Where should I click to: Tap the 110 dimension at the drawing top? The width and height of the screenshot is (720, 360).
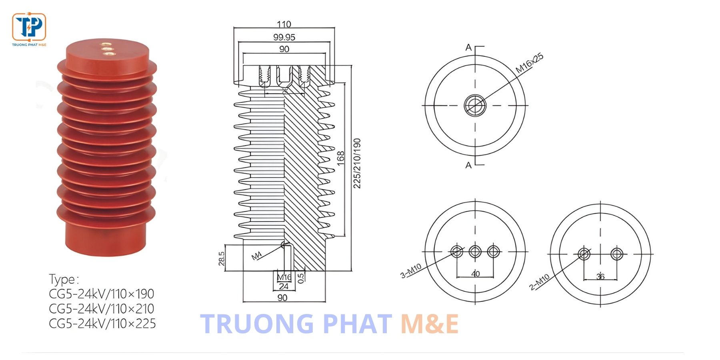click(x=284, y=24)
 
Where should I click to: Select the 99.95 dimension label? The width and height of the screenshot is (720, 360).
click(x=284, y=37)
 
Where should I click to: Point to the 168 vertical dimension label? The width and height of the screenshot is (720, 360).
click(x=340, y=158)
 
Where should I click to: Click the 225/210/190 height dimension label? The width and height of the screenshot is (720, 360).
click(x=357, y=163)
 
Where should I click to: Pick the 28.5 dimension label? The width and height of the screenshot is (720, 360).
click(x=222, y=258)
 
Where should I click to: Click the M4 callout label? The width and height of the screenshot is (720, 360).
click(x=256, y=256)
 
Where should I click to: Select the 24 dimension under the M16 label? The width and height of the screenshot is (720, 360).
click(x=284, y=286)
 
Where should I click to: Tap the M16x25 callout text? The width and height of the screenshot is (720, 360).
click(x=529, y=63)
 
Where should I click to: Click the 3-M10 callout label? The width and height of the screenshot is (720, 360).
click(x=411, y=271)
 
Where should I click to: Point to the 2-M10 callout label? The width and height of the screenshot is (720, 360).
click(x=539, y=282)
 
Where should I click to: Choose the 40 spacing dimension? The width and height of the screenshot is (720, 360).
click(x=475, y=274)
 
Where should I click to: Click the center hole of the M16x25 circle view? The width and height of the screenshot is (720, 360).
click(x=475, y=105)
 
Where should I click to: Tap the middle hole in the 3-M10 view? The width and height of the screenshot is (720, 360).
click(x=475, y=252)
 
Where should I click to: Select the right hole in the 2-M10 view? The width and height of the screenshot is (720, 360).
click(x=617, y=254)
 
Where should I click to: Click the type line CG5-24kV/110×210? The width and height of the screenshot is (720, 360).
click(x=102, y=308)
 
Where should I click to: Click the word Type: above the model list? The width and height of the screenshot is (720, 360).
click(x=64, y=279)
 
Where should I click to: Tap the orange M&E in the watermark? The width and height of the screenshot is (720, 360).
click(x=429, y=324)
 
